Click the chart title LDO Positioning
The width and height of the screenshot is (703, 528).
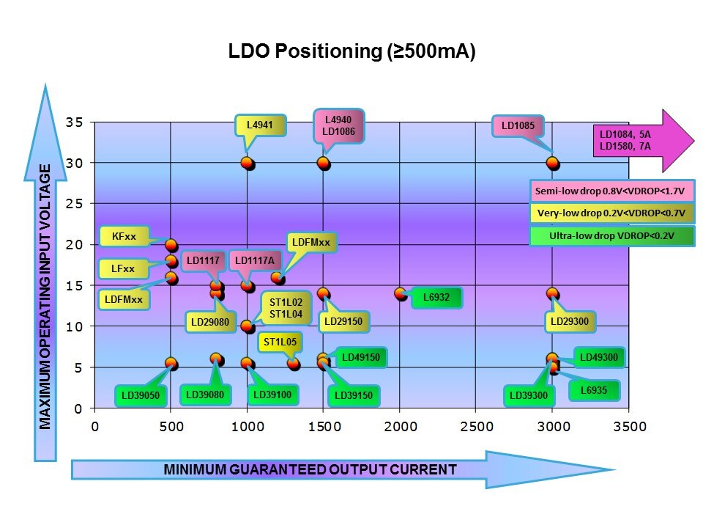[352, 52]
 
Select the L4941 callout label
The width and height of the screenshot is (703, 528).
[259, 125]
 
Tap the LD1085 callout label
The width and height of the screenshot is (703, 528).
[518, 125]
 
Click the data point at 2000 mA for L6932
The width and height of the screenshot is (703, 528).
[400, 293]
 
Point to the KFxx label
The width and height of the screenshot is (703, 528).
[122, 237]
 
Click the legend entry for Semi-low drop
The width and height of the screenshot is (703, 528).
[610, 191]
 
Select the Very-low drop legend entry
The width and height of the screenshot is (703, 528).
[610, 213]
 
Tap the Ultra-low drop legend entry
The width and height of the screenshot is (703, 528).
[610, 236]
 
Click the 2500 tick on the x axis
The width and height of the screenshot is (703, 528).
[476, 426]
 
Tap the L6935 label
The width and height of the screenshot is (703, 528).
[594, 391]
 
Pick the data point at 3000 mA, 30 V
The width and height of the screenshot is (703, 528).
[553, 163]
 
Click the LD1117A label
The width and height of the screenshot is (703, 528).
[254, 260]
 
